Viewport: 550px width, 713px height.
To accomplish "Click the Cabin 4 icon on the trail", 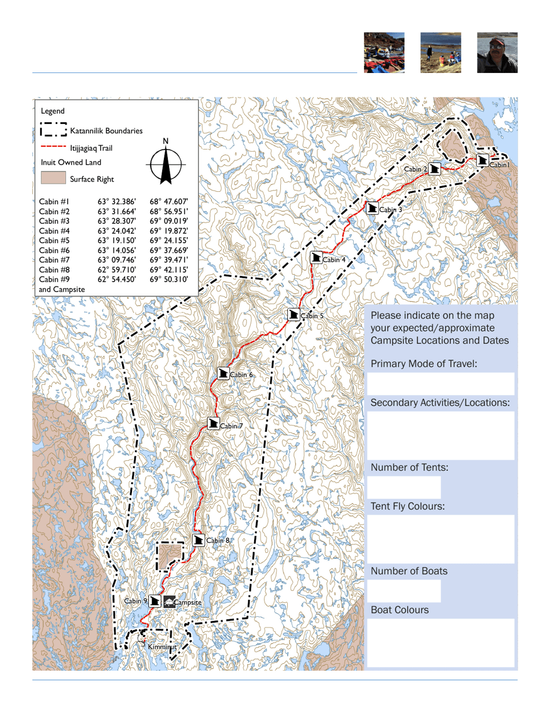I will click(x=316, y=257).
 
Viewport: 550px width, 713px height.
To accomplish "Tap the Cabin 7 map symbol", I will click(x=214, y=424).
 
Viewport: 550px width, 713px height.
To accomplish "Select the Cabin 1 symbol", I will click(x=483, y=161).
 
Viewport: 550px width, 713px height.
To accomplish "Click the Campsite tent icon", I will click(x=168, y=601).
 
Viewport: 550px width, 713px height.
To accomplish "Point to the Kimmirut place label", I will click(x=159, y=646).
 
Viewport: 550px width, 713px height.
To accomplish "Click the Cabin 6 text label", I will click(x=241, y=375).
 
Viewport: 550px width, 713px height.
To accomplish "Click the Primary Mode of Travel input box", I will click(x=441, y=384).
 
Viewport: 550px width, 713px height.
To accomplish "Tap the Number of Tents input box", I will click(x=404, y=488).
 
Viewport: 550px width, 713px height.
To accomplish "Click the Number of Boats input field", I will click(x=404, y=591).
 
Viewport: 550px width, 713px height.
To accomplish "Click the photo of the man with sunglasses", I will click(x=497, y=53).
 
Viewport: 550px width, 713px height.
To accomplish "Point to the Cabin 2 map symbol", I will click(x=435, y=169).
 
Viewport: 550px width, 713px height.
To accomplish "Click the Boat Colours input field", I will click(x=441, y=642).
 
